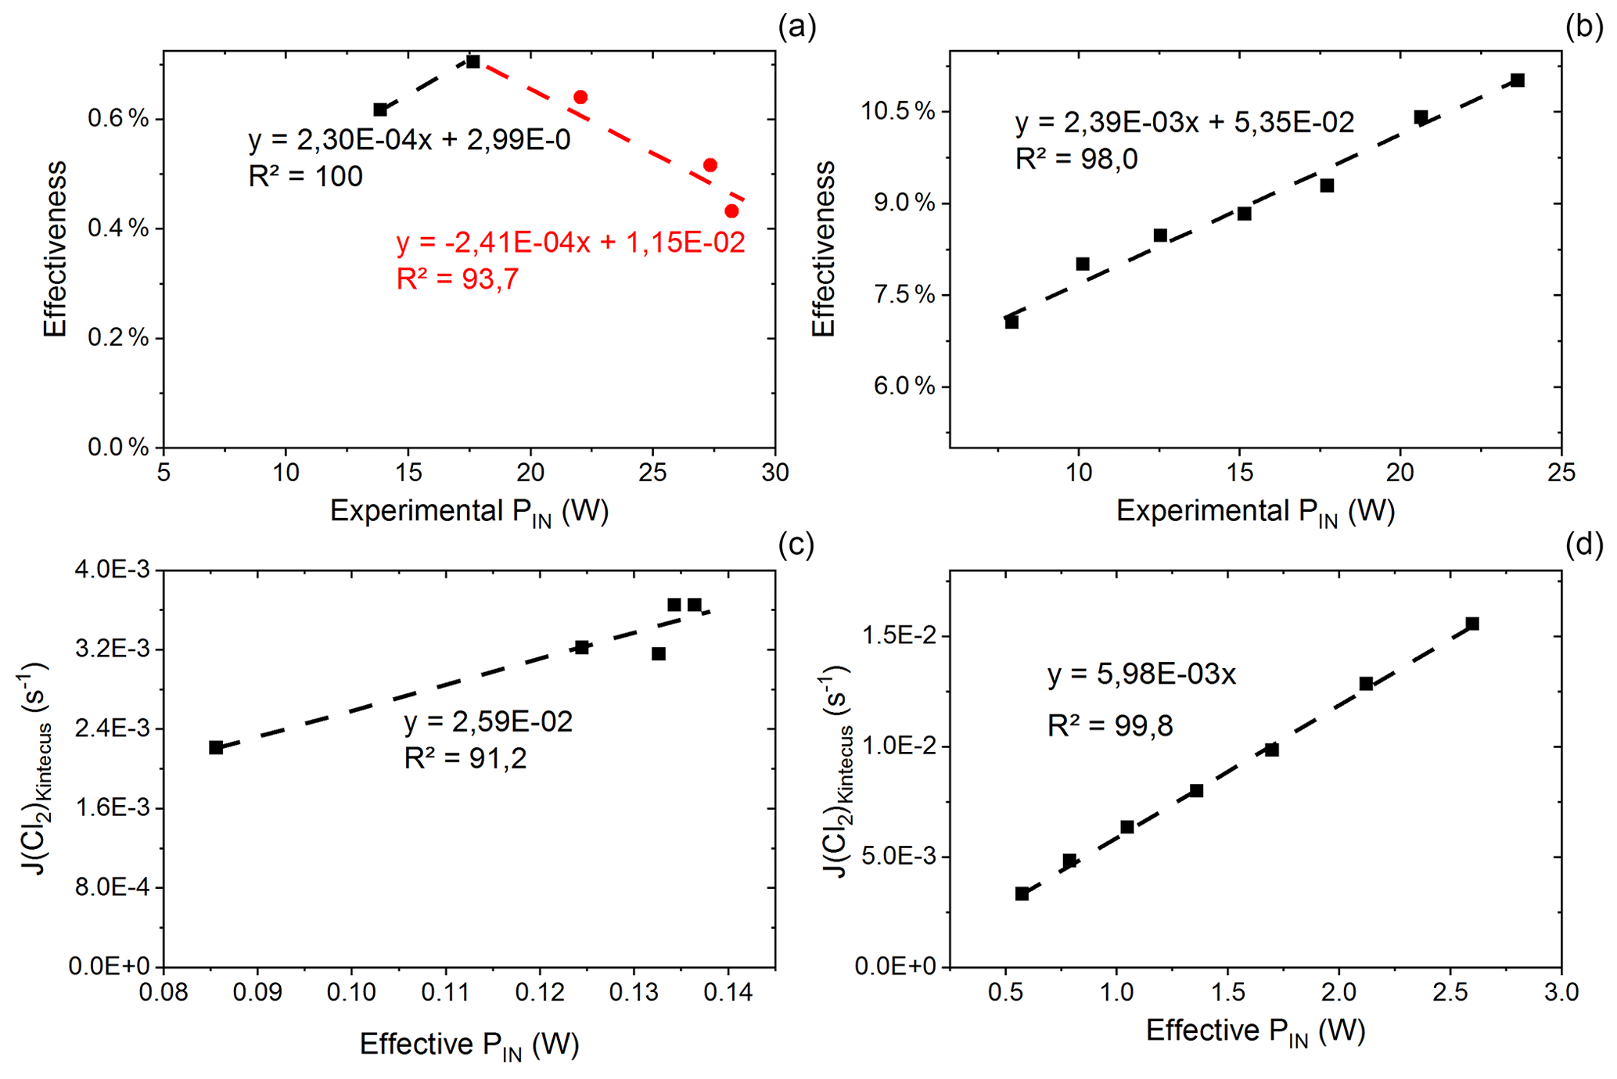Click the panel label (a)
pos(796,27)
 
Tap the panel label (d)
pos(1584,544)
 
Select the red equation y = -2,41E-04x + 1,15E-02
pos(570,243)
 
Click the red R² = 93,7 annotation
pos(457,279)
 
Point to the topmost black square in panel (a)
pos(473,61)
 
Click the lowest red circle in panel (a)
pos(731,211)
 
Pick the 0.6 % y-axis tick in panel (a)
pos(118,119)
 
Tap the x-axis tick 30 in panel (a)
pos(774,473)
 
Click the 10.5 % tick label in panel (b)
pos(897,111)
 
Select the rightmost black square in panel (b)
pos(1517,80)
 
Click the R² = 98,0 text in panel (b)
pos(1076,159)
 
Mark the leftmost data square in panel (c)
pos(216,747)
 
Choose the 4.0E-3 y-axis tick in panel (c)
pos(115,570)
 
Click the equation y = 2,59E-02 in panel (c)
pos(488,721)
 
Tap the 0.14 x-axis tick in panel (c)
pos(728,993)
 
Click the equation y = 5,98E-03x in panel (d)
pos(1141,674)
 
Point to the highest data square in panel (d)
pos(1472,624)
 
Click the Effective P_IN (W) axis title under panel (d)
pos(1255,1032)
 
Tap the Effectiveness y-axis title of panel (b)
pos(824,249)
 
